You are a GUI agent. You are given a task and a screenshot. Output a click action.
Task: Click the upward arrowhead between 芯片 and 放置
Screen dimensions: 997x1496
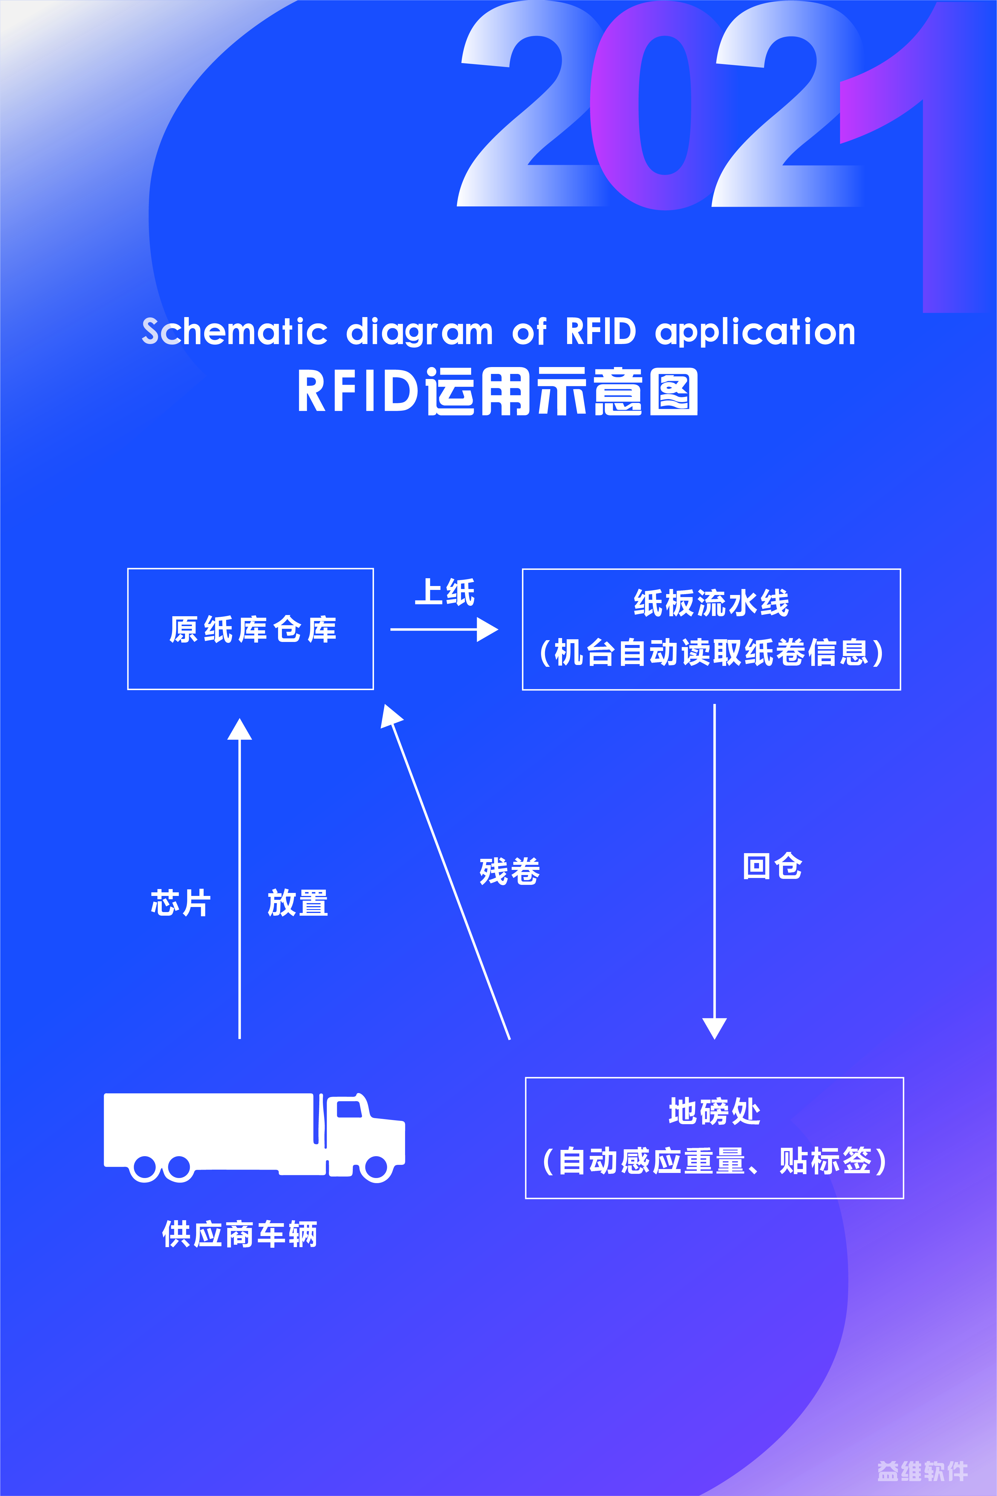240,729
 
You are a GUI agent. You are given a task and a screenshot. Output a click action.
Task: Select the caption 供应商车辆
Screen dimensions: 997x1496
240,1234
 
